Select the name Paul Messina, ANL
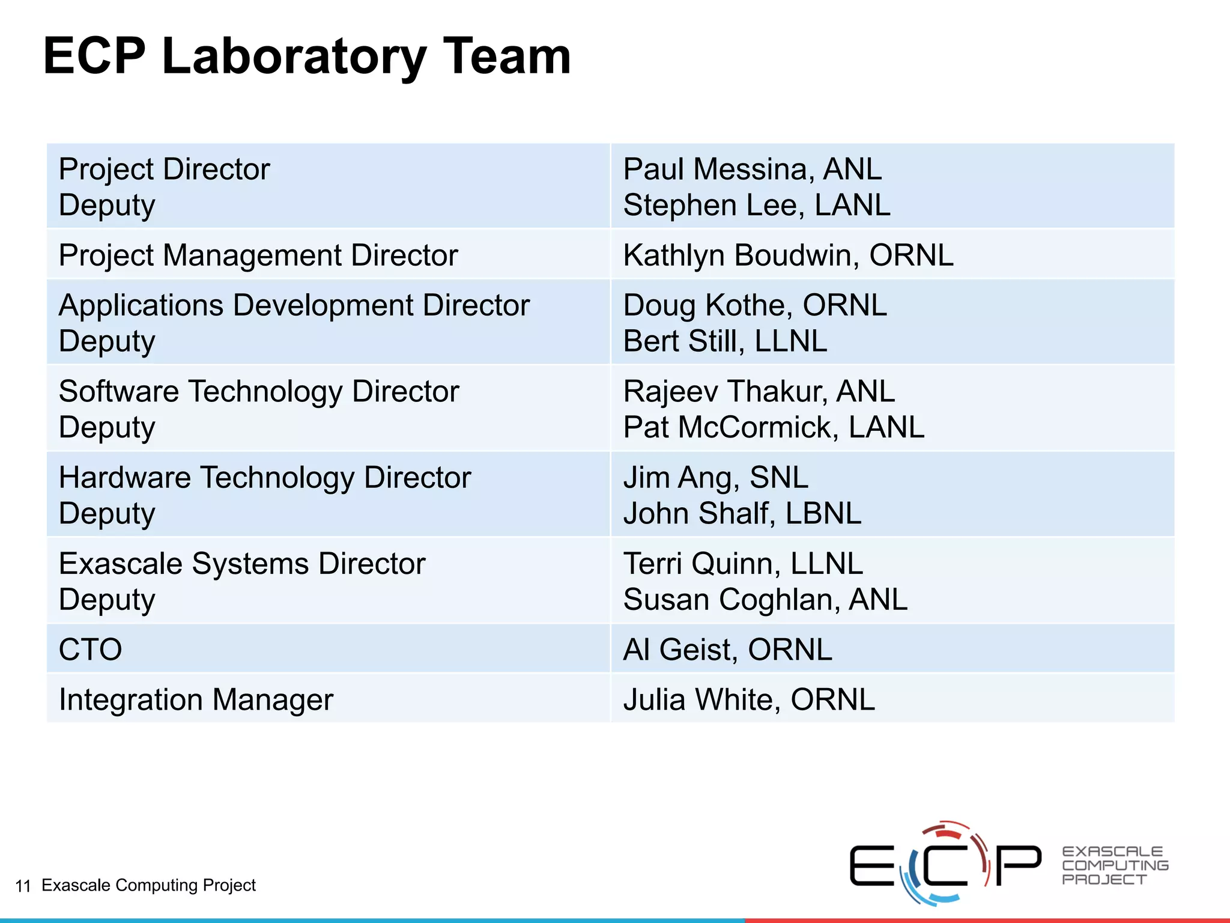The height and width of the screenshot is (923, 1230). coord(752,169)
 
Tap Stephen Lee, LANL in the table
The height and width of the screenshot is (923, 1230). coord(756,206)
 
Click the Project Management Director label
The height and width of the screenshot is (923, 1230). coord(258,255)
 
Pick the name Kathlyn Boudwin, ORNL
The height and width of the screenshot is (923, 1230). coord(788,255)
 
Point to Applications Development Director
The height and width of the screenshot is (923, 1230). coord(294,305)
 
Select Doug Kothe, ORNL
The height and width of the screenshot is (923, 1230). coord(754,305)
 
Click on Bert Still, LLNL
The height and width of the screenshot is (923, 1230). coord(725,341)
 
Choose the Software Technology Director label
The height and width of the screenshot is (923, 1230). coord(259,391)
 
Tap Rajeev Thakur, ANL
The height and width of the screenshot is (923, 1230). coord(759,391)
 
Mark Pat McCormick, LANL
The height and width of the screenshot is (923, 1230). coord(774,427)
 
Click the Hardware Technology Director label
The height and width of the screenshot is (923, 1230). coord(265,478)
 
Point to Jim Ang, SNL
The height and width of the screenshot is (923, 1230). coord(715,478)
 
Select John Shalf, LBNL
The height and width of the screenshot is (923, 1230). coord(742,514)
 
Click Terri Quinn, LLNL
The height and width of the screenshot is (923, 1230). coord(743,564)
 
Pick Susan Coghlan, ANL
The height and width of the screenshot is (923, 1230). coord(765,600)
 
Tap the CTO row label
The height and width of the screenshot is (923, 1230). coord(91,650)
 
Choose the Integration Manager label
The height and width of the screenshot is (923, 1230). coord(196,699)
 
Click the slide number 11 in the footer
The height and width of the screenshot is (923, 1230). coord(23,886)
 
